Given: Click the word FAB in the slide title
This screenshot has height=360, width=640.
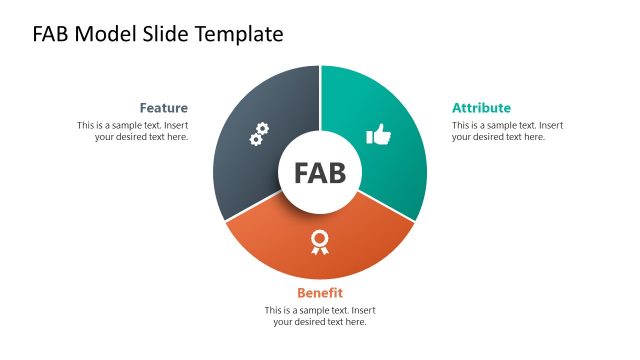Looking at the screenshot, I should coord(52,34).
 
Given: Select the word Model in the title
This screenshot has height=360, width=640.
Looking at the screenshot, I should coord(105,34).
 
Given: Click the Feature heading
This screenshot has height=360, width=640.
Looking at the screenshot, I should coord(163,108).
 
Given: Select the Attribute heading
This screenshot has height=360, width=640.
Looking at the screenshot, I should coord(481,108).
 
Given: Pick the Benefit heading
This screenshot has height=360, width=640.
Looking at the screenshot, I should coord(320,293).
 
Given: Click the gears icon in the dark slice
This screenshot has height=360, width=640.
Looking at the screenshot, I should coord(259,134).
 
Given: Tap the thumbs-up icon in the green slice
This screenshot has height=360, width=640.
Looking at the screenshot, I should coord(378,135).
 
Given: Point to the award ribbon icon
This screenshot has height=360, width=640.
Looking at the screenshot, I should coord(320,241).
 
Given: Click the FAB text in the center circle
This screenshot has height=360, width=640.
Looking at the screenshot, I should coord(320,173).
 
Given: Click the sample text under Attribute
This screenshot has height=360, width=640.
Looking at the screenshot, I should coord(507,131).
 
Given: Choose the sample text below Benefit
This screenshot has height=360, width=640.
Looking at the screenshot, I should coord(320,316).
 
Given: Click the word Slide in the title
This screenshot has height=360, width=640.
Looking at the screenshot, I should coord(165,34).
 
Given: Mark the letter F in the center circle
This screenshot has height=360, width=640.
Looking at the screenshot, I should coord(302,173).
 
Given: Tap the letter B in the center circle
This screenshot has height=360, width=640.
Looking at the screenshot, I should coord(337,173).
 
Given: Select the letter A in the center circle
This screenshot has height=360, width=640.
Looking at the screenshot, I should coord(319,173).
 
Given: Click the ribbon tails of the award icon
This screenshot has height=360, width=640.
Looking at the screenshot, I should coord(320,249).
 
